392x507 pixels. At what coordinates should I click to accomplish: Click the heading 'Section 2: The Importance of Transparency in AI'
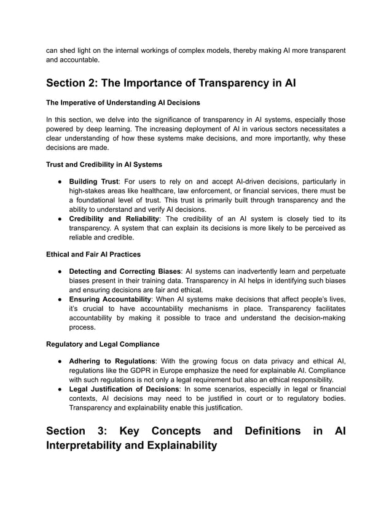tap(171, 83)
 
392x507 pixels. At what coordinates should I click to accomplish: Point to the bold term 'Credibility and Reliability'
tap(114, 219)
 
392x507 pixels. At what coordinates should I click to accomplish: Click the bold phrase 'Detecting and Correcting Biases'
tap(125, 271)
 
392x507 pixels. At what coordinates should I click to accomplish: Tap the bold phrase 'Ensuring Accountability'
tap(111, 298)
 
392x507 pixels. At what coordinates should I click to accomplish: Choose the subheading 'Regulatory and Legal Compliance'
tap(103, 343)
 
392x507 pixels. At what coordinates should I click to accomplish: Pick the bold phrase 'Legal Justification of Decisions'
tap(126, 389)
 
